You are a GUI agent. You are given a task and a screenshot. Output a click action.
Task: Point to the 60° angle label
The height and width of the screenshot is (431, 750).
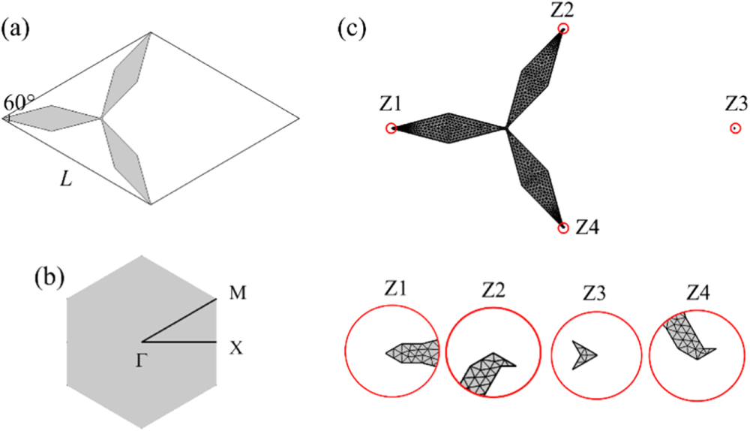(16, 104)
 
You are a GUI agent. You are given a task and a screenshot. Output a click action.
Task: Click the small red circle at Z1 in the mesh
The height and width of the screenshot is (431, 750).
(391, 128)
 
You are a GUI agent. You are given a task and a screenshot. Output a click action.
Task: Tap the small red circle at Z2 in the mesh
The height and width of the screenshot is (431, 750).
(563, 29)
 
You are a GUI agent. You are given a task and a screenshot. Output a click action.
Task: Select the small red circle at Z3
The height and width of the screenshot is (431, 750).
(736, 128)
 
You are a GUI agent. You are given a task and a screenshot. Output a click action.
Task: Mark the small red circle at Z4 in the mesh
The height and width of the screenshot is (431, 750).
(563, 228)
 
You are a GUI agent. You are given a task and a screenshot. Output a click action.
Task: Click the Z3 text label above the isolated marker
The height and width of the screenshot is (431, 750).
(736, 103)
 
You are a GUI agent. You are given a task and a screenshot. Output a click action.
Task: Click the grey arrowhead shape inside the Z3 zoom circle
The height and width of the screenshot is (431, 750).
(583, 354)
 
